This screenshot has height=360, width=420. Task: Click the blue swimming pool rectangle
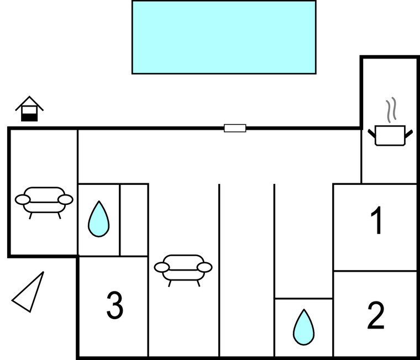(224, 37)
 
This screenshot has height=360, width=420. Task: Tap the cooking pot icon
(390, 135)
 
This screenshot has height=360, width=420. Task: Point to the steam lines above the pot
(391, 110)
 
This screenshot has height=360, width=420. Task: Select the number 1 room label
(377, 221)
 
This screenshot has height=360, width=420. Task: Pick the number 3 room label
(114, 305)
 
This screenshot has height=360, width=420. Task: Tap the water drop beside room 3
(99, 219)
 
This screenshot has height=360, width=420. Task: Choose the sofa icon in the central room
(183, 268)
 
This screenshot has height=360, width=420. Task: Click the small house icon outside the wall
(29, 109)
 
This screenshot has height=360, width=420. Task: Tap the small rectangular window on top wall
(235, 128)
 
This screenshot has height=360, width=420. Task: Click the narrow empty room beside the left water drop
(134, 220)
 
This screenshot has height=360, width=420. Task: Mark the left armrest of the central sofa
(161, 268)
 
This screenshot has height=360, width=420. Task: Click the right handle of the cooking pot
(409, 132)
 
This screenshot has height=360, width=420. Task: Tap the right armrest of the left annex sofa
(65, 199)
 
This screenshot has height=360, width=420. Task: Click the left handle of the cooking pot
(371, 132)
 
